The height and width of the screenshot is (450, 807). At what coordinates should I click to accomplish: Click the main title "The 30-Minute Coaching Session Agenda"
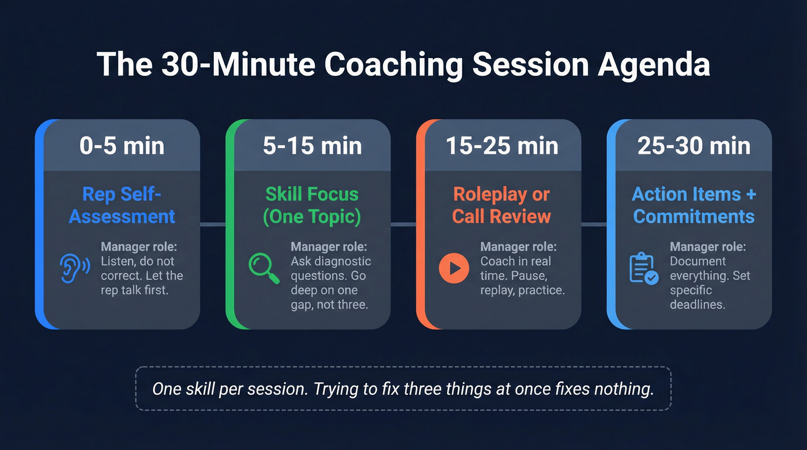[403, 65]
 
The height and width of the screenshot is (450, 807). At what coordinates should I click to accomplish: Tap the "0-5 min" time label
[122, 146]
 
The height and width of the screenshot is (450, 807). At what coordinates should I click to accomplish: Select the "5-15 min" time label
[312, 146]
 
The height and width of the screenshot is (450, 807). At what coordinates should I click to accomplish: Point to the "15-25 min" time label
[502, 146]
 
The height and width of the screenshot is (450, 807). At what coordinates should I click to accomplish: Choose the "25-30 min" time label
[693, 146]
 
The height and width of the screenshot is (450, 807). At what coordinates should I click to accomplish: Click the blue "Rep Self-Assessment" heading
[122, 205]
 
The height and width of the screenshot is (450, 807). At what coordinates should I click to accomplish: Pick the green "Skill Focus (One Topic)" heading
[312, 205]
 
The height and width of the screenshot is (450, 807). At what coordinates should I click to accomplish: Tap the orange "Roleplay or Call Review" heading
[501, 205]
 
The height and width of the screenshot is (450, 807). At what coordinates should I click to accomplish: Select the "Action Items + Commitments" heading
[693, 205]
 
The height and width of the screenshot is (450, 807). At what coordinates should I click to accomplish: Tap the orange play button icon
[454, 269]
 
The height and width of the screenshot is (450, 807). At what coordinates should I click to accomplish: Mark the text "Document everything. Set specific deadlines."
[710, 283]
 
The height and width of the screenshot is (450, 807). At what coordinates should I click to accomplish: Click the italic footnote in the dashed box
[403, 388]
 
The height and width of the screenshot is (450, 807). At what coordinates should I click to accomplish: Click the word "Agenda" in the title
[654, 65]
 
